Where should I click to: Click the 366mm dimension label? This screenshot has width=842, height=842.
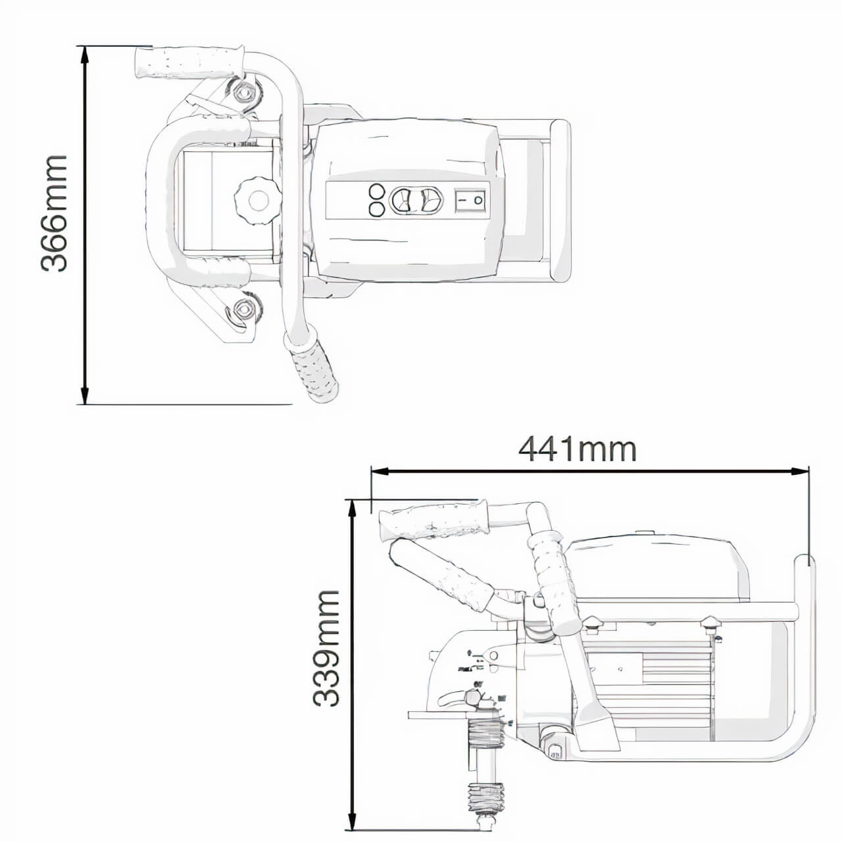coord(53,213)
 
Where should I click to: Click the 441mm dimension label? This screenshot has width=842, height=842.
coord(577,449)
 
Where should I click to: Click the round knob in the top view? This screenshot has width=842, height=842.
coord(258,200)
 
